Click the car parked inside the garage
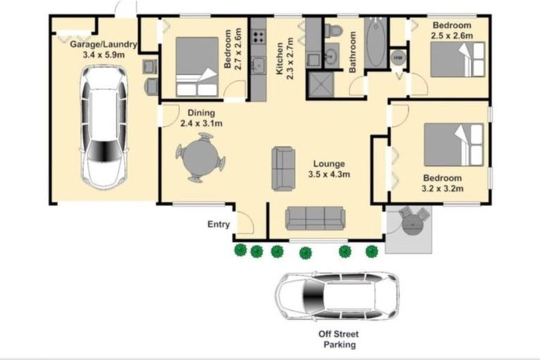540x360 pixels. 103,127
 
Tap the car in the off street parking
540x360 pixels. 337,296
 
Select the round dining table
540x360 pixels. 200,157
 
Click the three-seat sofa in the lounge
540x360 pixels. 315,219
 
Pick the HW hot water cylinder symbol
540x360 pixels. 399,58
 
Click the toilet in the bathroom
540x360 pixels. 333,30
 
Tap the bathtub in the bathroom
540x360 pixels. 376,43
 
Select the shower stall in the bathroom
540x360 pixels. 321,84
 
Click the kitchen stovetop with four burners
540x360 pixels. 258,37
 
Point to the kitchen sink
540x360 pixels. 258,65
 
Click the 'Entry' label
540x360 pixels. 219,224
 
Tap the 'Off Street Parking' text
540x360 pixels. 339,339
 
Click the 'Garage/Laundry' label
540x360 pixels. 103,44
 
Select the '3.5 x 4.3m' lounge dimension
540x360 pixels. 329,174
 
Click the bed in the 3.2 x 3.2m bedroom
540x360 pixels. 454,145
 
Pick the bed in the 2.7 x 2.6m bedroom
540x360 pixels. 197,67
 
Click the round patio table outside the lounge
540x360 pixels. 413,225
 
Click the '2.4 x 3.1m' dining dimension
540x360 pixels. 201,123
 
